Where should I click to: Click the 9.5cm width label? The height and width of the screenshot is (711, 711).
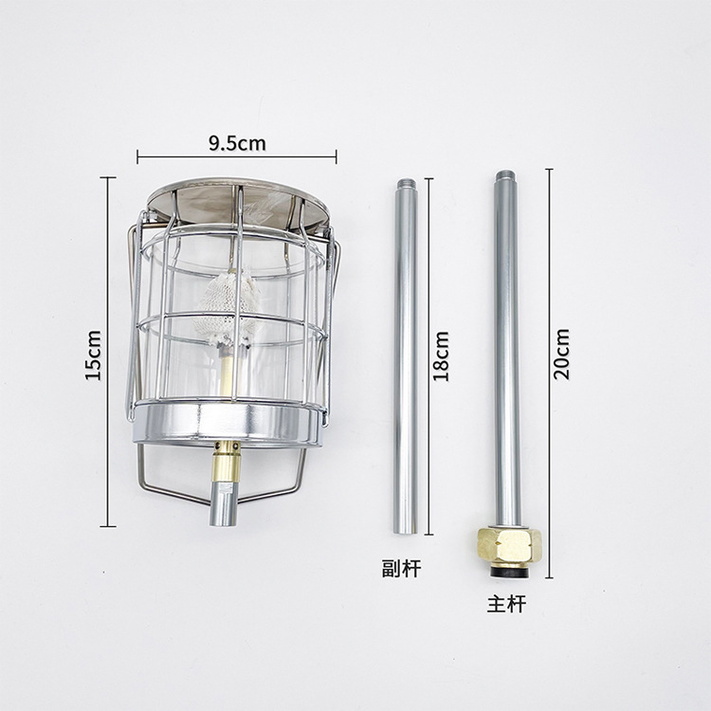237,143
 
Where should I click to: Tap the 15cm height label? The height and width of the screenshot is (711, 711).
94,355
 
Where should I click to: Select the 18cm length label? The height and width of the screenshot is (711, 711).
441,356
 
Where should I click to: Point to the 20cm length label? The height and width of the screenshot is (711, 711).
561,355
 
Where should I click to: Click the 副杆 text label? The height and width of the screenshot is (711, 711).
401,568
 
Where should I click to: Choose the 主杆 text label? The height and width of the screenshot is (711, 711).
506,604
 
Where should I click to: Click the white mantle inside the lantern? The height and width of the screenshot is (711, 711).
225,307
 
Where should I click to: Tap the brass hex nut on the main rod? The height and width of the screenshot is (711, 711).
509,547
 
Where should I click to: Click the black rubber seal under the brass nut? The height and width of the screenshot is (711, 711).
510,572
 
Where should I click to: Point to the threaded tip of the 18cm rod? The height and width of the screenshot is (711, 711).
405,186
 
